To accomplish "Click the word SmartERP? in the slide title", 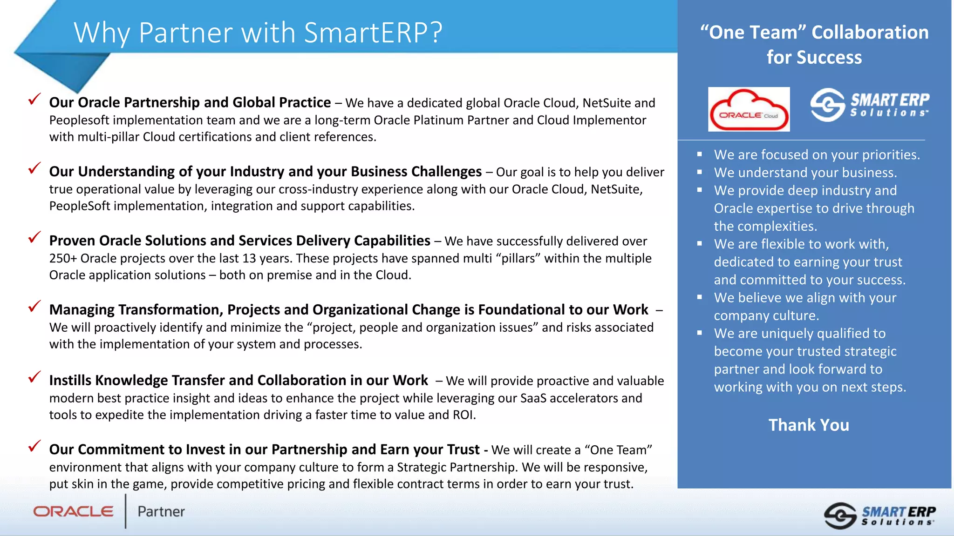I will pos(373,33).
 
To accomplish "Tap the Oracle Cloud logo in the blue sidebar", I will pos(749,109).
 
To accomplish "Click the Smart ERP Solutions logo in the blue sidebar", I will pos(869,105).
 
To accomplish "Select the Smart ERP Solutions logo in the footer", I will pos(879,515).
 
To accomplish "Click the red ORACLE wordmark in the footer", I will pos(73,511).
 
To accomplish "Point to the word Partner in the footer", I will pos(161,511).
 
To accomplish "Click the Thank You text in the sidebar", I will pos(809,425).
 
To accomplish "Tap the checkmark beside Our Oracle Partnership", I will pos(34,99).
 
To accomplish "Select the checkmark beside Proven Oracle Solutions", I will pos(34,237).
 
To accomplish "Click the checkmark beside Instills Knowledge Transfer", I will pos(34,377).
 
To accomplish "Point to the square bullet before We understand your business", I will pos(699,172).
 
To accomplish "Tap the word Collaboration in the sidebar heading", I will pos(870,32).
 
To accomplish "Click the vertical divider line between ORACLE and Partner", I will pos(125,511).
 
